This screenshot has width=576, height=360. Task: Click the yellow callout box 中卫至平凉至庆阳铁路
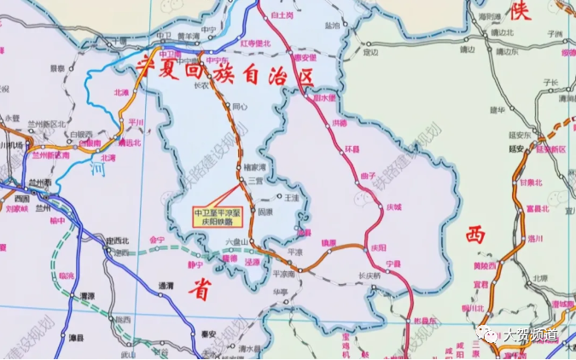coord(218,215)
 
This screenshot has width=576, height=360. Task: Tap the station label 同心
coord(241,107)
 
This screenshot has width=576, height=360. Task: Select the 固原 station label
coord(265,211)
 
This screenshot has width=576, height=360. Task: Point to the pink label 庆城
coord(393,206)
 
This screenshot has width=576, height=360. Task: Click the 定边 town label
coord(369,52)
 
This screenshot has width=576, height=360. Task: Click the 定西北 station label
coord(117,241)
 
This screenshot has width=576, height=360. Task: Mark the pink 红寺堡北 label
coord(255,43)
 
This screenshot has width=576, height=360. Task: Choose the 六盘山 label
coord(235,242)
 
